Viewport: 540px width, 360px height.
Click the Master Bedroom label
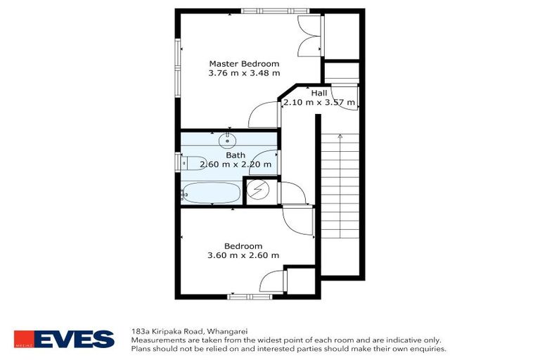244,63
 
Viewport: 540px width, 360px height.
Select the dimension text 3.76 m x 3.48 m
244,73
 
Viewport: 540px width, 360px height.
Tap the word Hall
319,93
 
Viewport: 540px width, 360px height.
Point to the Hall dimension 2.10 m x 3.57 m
320,103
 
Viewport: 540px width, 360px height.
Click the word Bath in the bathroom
235,155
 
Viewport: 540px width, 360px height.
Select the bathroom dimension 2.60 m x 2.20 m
230,165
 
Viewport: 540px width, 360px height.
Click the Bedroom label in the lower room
243,245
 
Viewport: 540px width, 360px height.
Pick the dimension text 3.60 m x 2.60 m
243,255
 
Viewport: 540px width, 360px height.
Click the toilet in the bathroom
193,162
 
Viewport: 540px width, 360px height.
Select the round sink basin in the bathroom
229,139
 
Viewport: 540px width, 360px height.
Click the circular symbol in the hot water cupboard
259,190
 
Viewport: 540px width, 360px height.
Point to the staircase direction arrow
340,135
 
